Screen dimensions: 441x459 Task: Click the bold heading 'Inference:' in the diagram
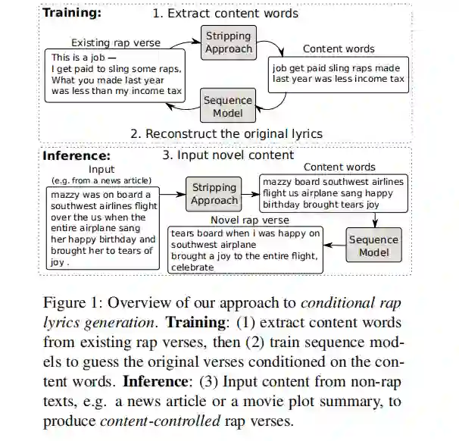click(76, 156)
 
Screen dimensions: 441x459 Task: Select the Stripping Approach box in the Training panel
click(228, 42)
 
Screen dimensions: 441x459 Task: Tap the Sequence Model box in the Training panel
click(228, 105)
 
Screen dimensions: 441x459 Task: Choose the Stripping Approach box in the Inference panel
click(214, 194)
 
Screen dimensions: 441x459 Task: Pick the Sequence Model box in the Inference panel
click(373, 246)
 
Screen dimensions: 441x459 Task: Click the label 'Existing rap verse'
click(116, 43)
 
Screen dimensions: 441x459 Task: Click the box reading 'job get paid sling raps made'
click(338, 73)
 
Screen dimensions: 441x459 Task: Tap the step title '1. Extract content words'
click(226, 13)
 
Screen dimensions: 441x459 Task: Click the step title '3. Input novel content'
click(228, 155)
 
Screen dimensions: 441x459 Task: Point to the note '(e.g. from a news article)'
click(101, 180)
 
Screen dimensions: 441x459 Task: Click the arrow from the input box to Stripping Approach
click(173, 195)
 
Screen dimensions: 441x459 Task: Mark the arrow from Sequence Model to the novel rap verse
click(334, 246)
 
